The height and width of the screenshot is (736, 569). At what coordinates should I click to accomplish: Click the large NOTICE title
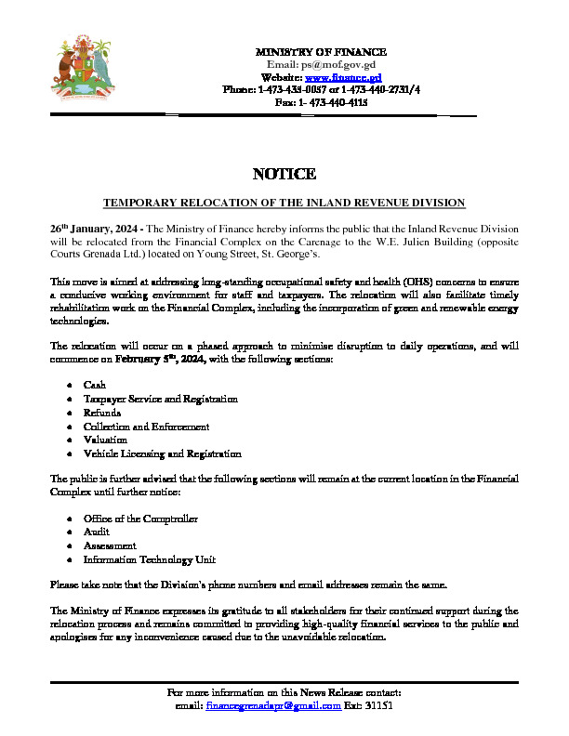tap(284, 175)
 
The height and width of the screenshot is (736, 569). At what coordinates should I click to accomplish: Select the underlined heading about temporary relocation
tap(284, 203)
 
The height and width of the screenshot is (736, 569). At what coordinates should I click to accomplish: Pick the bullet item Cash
tap(94, 385)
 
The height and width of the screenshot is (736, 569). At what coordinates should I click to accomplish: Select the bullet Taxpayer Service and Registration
tap(160, 399)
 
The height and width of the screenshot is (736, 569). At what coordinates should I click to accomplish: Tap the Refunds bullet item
tap(101, 413)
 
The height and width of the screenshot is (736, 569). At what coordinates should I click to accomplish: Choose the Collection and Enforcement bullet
tap(146, 427)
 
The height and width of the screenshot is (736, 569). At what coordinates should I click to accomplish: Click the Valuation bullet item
tap(105, 440)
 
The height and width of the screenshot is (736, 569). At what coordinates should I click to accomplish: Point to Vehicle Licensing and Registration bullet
tap(162, 454)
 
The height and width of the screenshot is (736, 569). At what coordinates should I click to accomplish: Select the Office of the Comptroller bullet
tap(140, 519)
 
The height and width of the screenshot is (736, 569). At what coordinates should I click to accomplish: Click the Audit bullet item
tap(97, 532)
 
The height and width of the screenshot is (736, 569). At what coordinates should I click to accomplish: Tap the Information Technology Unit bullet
tap(149, 560)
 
